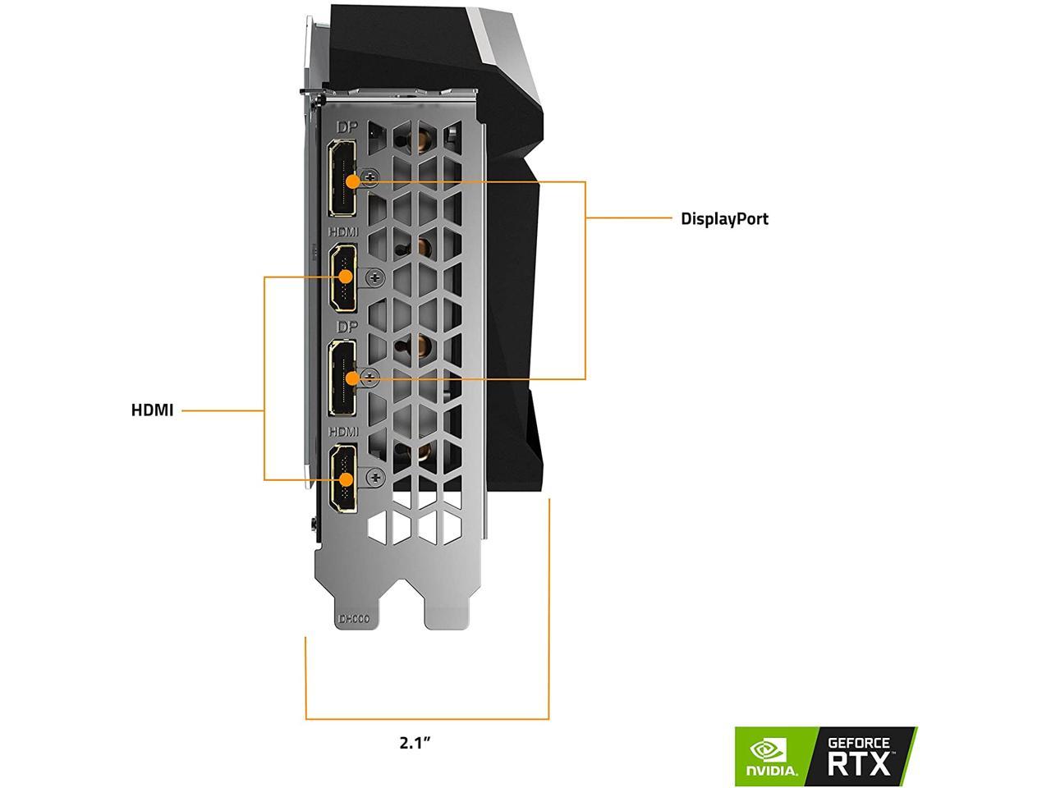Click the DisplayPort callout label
[724, 219]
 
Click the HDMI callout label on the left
[152, 410]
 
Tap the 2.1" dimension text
[415, 743]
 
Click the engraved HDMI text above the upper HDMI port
[344, 233]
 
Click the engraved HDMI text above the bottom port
[344, 431]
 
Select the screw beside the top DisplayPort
[372, 176]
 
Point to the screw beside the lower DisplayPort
[372, 378]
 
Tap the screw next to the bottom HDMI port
[375, 476]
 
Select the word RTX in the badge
[859, 764]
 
